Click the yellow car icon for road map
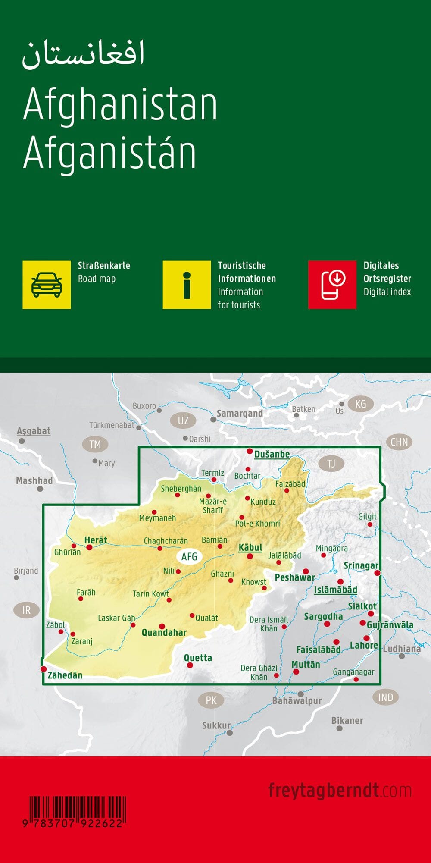click(x=47, y=285)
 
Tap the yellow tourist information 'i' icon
click(x=187, y=285)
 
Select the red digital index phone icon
click(x=332, y=285)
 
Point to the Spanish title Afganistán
click(x=110, y=153)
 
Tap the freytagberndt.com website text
click(x=340, y=791)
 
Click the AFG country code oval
click(x=189, y=556)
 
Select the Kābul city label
click(x=250, y=547)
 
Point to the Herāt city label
click(x=96, y=540)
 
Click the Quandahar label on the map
click(x=164, y=633)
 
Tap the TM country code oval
click(x=95, y=444)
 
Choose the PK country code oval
click(x=211, y=700)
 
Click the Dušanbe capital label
click(x=272, y=454)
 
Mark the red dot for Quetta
click(x=190, y=665)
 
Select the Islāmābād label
click(x=335, y=590)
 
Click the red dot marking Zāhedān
click(x=43, y=669)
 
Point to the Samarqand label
click(x=240, y=414)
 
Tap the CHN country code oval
click(x=399, y=442)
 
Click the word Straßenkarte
click(x=104, y=266)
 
